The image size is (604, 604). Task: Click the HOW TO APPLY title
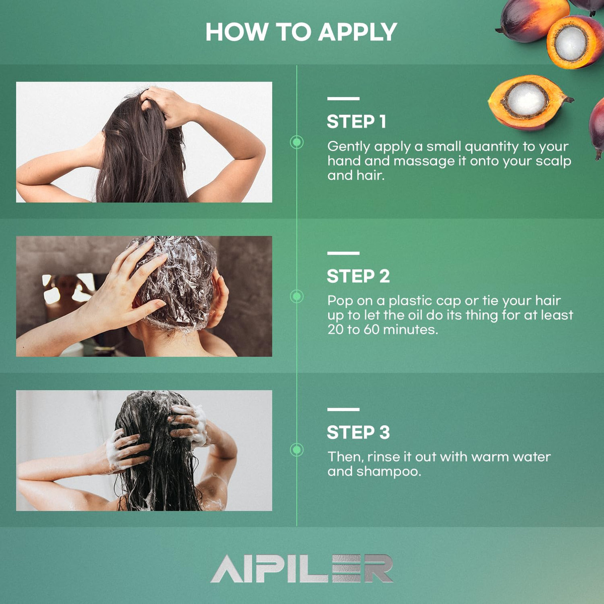[x=301, y=32]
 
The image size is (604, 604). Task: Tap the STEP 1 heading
[x=356, y=122]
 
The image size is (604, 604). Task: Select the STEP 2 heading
[x=358, y=276]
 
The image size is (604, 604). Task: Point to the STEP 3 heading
[x=358, y=432]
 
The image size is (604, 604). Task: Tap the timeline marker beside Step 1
[x=296, y=142]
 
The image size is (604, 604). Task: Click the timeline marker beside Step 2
[x=296, y=296]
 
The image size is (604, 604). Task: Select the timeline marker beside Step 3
[x=296, y=450]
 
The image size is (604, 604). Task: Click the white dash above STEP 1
[x=343, y=99]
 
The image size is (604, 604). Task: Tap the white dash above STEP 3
[x=343, y=409]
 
